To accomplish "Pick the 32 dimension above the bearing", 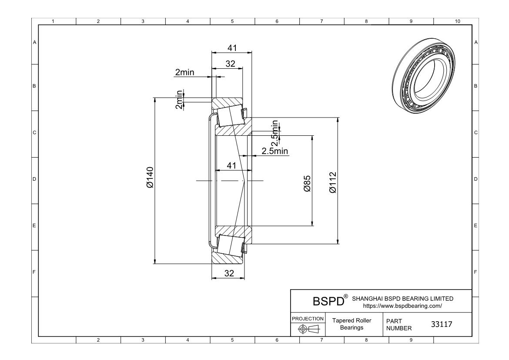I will pos(230,64).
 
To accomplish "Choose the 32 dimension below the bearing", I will pos(229,273).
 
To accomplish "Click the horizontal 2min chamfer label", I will pos(184,73).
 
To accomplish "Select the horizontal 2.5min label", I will pos(275,151).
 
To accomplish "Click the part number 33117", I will pos(442,324).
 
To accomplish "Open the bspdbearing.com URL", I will pos(402,306).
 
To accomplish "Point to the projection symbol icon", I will pos(308,329).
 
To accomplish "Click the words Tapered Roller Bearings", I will pos(352,324).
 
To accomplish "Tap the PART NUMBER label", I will pos(396,324).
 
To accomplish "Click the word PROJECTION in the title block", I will pos(308,319).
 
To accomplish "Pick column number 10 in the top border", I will pos(457,21).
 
